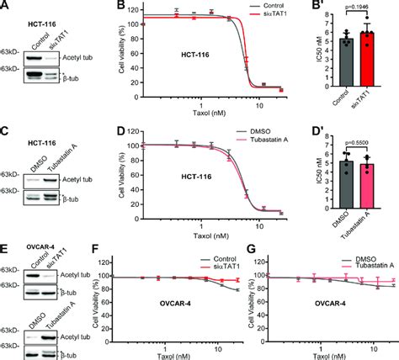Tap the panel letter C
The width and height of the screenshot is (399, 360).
click(x=6, y=129)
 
